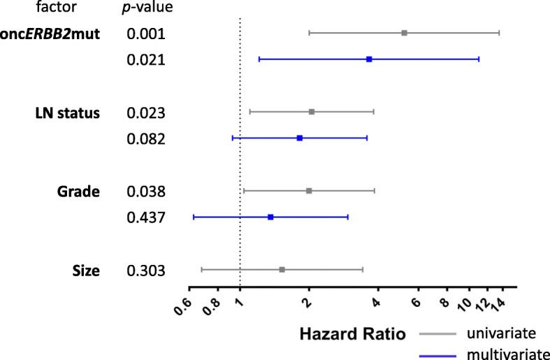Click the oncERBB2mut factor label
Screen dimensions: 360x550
pyautogui.click(x=50, y=34)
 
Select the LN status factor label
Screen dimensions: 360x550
pyautogui.click(x=67, y=113)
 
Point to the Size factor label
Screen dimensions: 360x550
pyautogui.click(x=86, y=270)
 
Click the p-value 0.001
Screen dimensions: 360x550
pyautogui.click(x=145, y=34)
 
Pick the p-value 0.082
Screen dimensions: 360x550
pyautogui.click(x=145, y=139)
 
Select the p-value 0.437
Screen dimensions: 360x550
pyautogui.click(x=145, y=218)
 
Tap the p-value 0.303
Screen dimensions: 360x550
pyautogui.click(x=145, y=270)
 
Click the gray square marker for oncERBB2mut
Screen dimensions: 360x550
pyautogui.click(x=404, y=33)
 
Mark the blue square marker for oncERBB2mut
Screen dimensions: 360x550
pyautogui.click(x=369, y=59)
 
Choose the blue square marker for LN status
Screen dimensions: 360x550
pyautogui.click(x=300, y=138)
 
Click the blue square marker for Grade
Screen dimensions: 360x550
pyautogui.click(x=270, y=217)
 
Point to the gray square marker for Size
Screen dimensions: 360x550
pyautogui.click(x=282, y=269)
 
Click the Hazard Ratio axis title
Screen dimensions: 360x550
pyautogui.click(x=353, y=335)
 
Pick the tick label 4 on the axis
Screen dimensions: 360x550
pyautogui.click(x=375, y=301)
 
